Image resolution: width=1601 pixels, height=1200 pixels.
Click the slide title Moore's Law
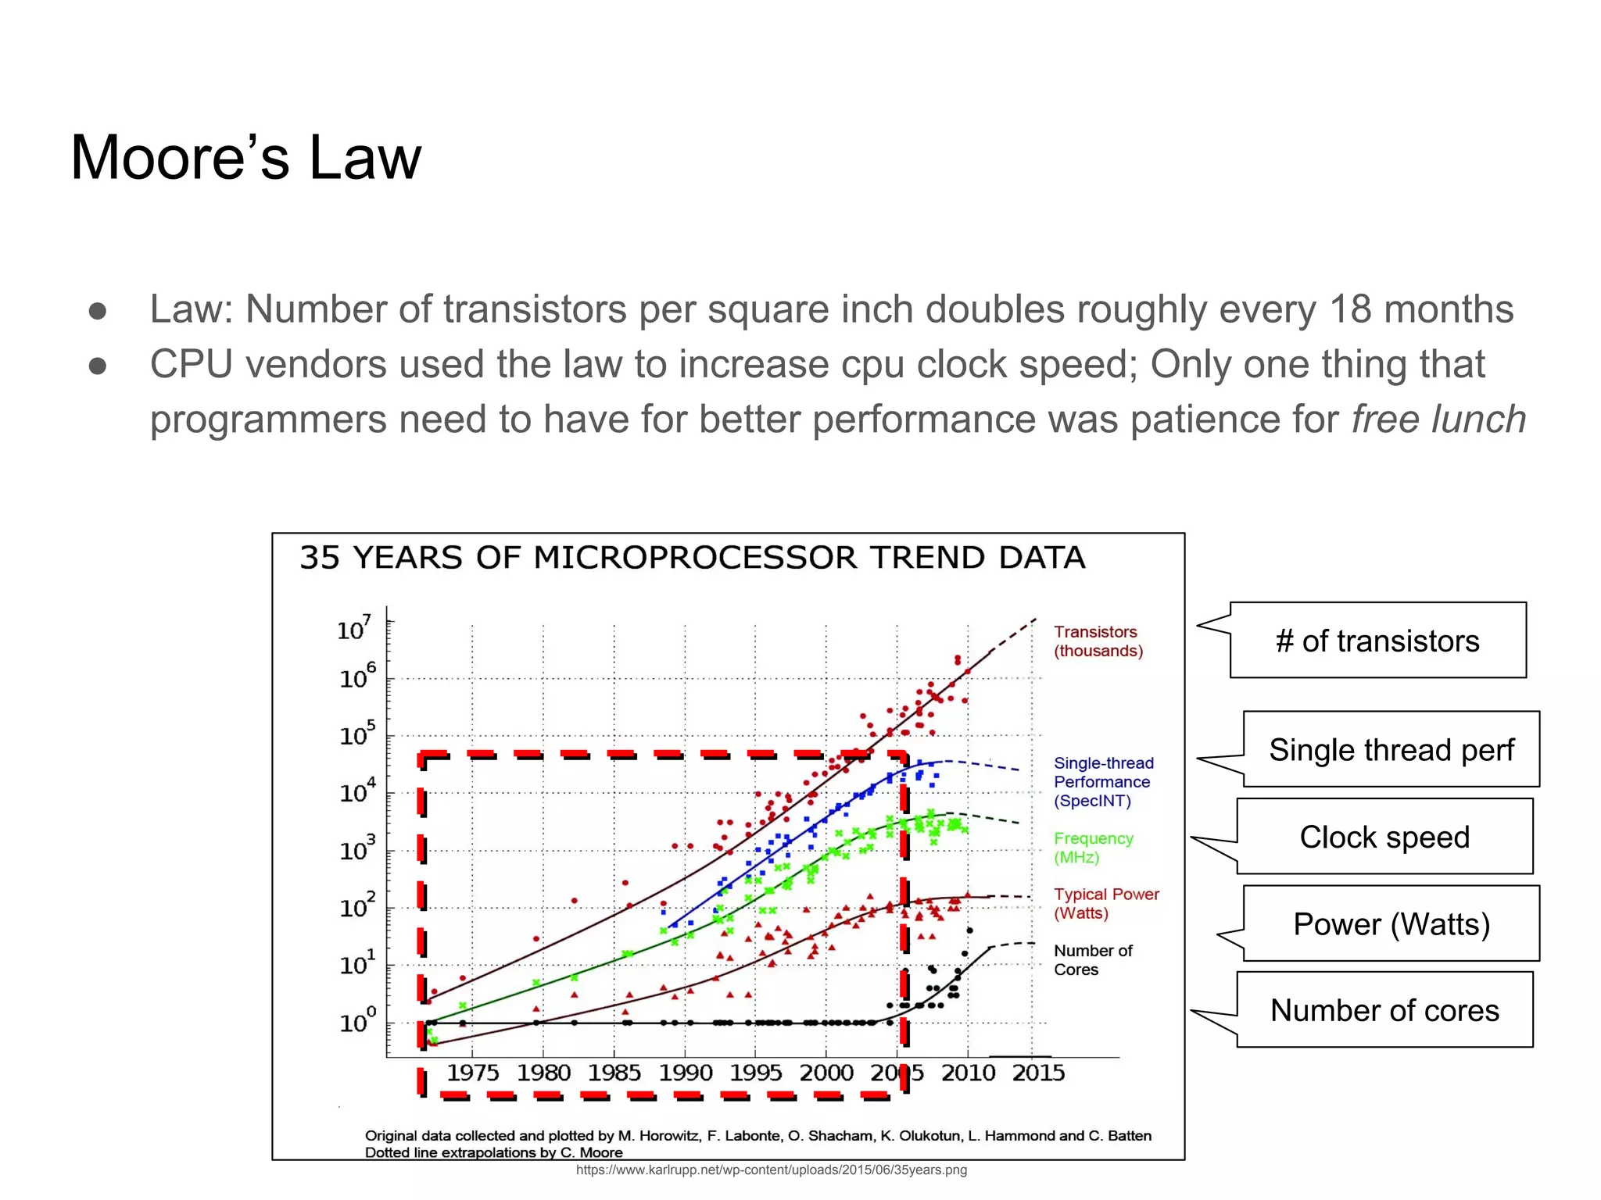[245, 158]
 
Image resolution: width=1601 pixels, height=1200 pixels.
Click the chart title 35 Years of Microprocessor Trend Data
[692, 558]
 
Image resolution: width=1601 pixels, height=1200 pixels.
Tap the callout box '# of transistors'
[1377, 641]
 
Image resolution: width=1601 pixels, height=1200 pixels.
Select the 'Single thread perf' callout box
[1391, 750]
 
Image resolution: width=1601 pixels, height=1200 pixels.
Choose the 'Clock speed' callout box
[1384, 837]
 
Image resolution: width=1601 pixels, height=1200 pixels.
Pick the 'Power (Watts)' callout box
[1391, 924]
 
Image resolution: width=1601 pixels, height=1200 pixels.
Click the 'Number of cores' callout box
[1384, 1010]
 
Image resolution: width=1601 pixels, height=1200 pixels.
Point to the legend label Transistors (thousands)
[1098, 641]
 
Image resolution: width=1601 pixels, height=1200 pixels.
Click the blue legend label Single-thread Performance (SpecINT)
[1102, 781]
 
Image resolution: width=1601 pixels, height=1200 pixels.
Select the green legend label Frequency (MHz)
[1093, 848]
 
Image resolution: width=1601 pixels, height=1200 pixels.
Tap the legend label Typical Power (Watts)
[1105, 903]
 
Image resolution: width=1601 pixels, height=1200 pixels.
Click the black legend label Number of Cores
[1092, 960]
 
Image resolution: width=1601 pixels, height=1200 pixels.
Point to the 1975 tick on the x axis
[472, 1073]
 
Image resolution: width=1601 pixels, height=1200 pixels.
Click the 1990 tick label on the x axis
[685, 1073]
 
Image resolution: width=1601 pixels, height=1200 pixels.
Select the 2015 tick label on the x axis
[1038, 1073]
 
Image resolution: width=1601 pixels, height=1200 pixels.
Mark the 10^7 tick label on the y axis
[353, 628]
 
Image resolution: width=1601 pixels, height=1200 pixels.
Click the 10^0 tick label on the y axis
[357, 1021]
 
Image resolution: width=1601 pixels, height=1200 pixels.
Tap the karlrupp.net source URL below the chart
[771, 1170]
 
